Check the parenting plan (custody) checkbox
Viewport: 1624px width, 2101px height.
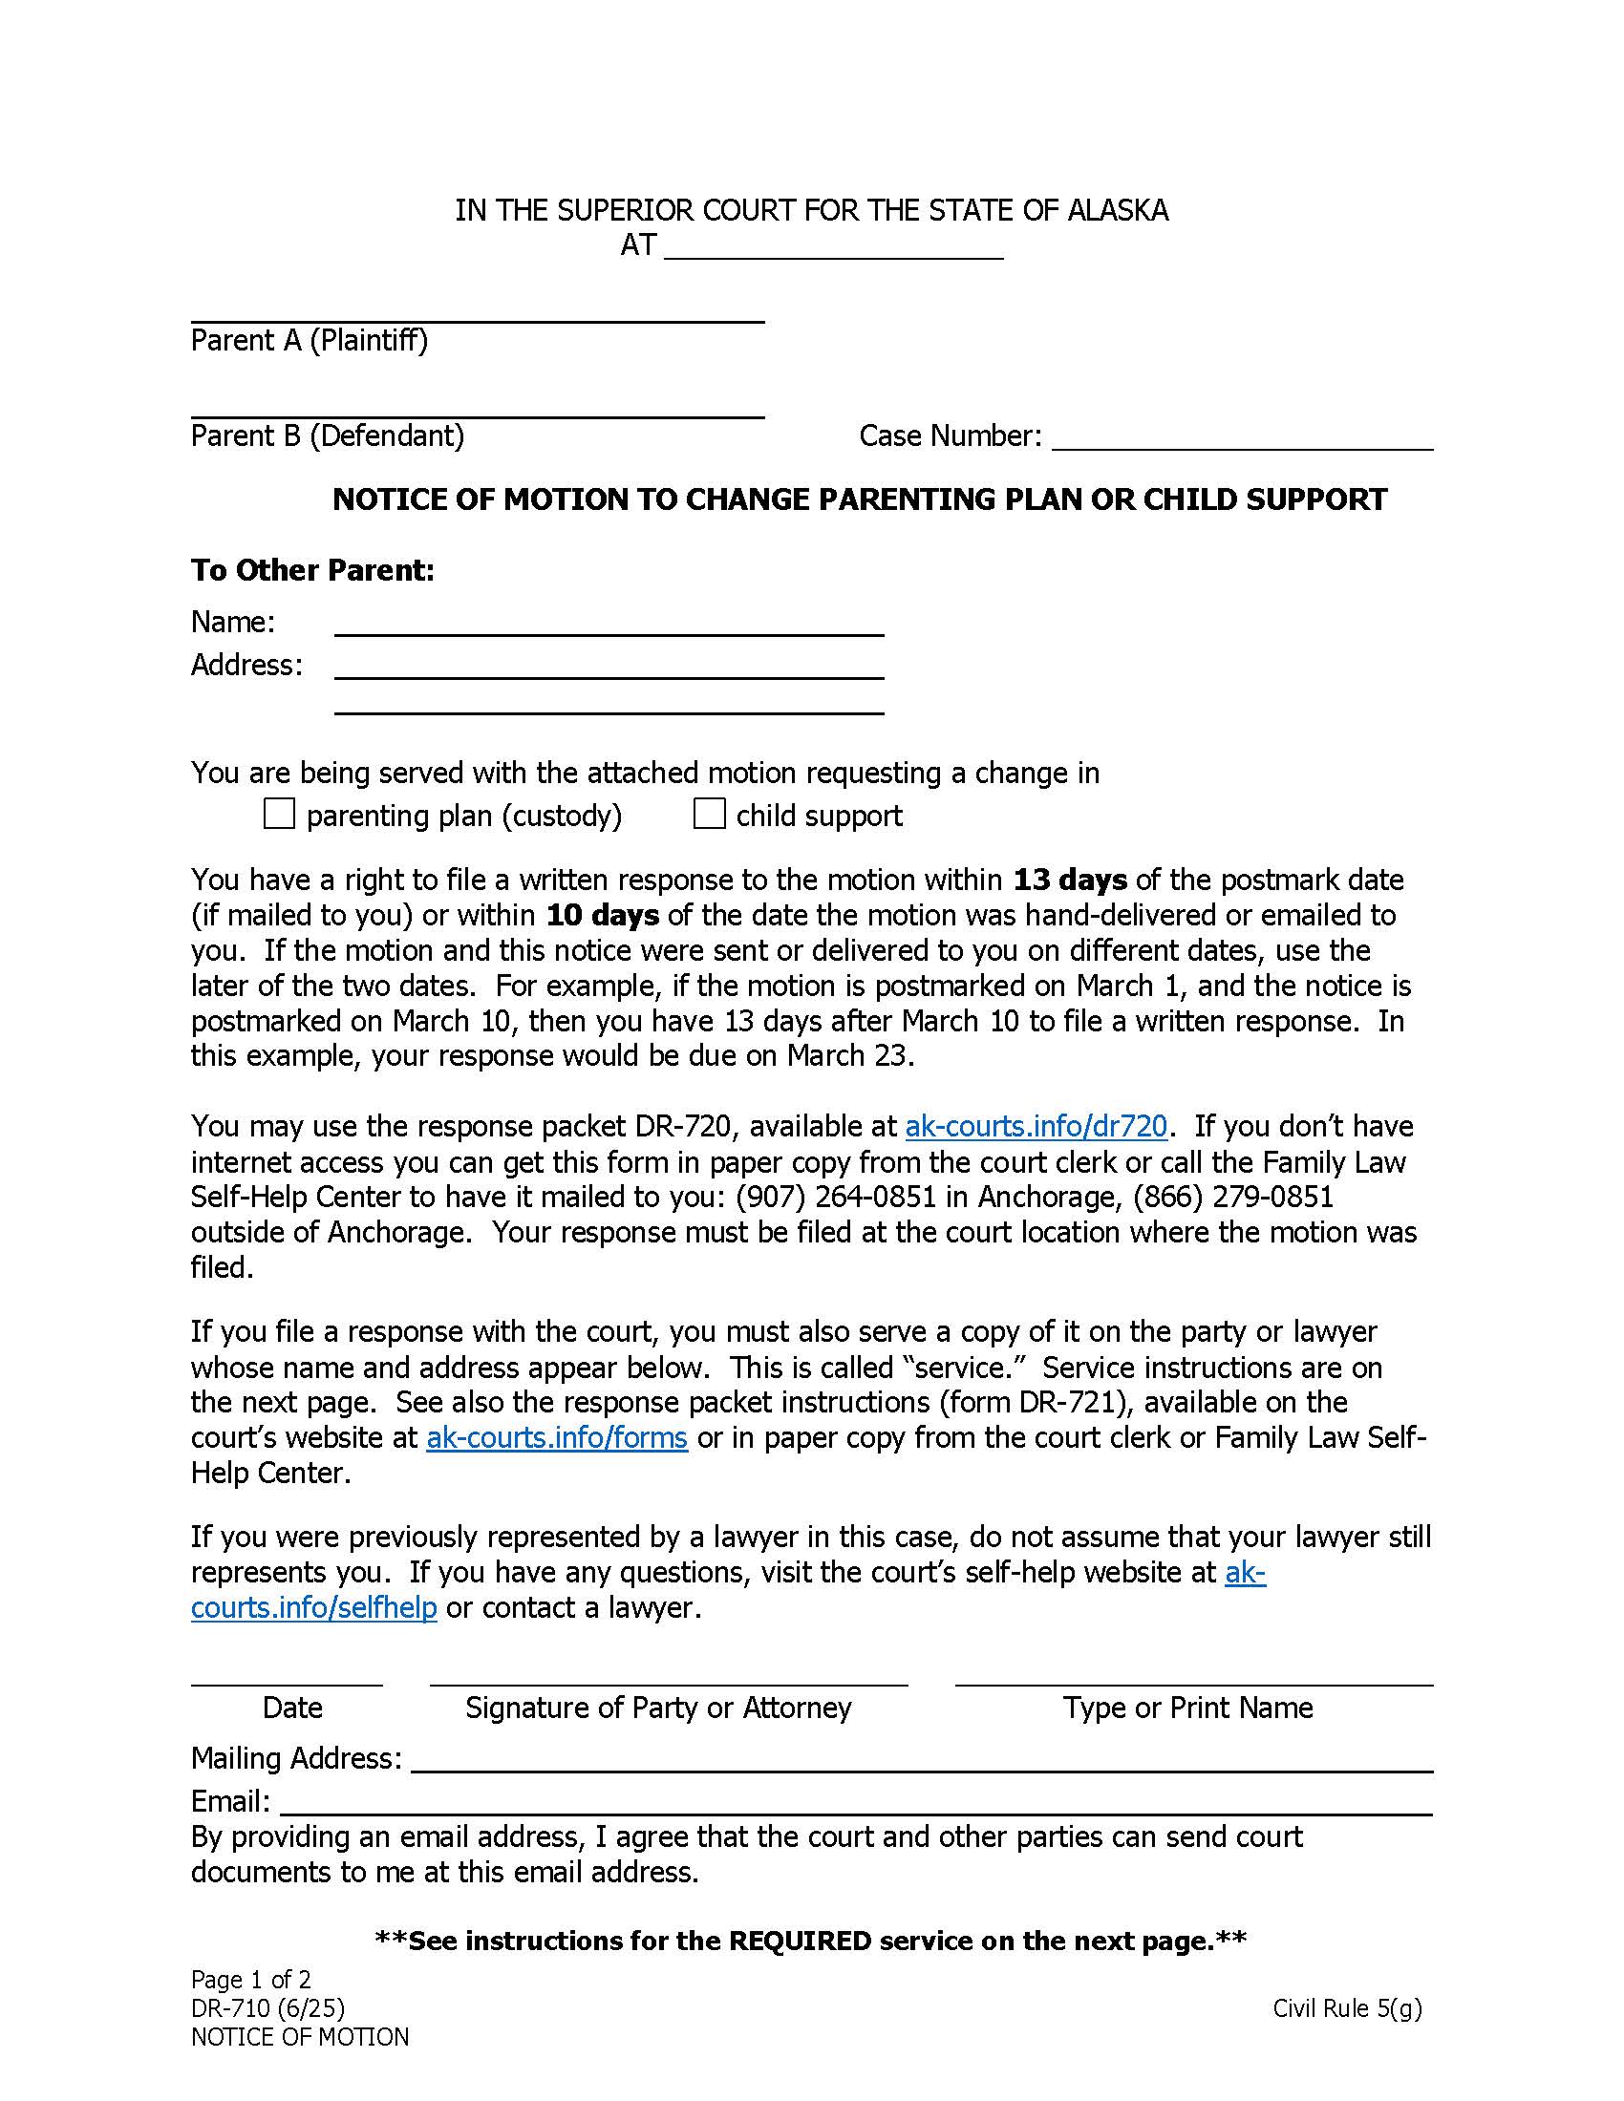click(279, 815)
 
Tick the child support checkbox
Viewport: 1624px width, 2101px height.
click(709, 815)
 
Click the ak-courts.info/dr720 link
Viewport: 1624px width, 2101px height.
click(1036, 1126)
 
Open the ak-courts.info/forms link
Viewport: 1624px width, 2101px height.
click(556, 1437)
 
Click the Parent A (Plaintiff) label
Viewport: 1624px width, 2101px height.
click(309, 341)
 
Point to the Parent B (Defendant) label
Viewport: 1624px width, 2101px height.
click(327, 436)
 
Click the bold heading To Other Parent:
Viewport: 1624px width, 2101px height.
click(312, 570)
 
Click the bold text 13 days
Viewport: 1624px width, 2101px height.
click(1070, 880)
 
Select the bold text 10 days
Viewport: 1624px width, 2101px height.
click(602, 915)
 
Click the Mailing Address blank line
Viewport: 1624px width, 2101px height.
click(921, 1760)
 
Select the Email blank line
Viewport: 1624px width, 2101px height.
click(855, 1803)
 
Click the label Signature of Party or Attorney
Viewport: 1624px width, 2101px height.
click(658, 1708)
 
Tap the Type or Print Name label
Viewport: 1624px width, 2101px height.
click(1187, 1708)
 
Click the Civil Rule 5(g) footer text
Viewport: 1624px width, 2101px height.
click(1346, 2007)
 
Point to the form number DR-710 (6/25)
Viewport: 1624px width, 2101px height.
click(267, 2007)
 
